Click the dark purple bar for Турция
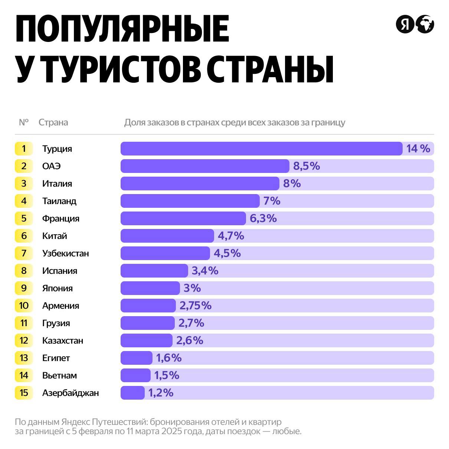click(261, 148)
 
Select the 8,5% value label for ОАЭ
click(307, 166)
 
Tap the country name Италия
click(57, 183)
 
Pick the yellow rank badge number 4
click(24, 201)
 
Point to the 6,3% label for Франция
click(263, 218)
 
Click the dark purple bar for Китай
click(167, 236)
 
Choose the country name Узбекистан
click(66, 253)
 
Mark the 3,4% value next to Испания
click(205, 271)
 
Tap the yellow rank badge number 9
click(24, 288)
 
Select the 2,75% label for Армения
click(196, 305)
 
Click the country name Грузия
click(56, 323)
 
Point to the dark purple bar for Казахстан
click(146, 340)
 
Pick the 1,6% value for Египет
click(169, 358)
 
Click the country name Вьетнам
click(59, 375)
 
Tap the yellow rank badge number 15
click(24, 393)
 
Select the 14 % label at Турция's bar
click(418, 148)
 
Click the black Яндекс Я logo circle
click(404, 24)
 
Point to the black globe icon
click(425, 24)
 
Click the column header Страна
click(53, 122)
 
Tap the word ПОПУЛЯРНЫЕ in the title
click(122, 29)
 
